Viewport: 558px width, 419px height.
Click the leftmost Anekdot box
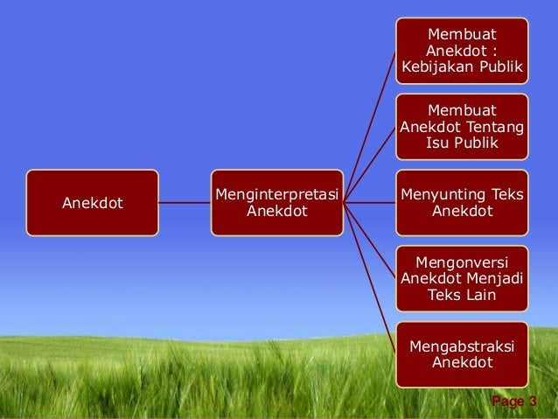[92, 203]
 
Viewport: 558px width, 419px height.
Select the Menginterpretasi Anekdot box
[276, 203]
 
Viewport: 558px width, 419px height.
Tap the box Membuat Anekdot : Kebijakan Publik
[461, 50]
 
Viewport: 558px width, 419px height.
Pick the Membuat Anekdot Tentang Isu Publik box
[461, 127]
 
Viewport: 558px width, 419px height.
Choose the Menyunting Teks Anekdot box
[461, 203]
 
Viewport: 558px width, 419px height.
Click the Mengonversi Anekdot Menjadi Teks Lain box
[461, 279]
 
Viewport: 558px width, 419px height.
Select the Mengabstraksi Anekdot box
[461, 354]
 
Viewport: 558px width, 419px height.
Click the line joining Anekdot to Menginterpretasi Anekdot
[185, 203]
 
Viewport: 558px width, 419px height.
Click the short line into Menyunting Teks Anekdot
[369, 203]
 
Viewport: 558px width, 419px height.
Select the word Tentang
[497, 127]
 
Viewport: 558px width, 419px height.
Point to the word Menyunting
[440, 194]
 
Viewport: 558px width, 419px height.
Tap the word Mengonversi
[461, 262]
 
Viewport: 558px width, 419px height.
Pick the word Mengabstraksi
[461, 346]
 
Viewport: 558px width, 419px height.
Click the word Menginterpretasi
[276, 194]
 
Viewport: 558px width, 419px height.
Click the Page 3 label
[514, 402]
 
